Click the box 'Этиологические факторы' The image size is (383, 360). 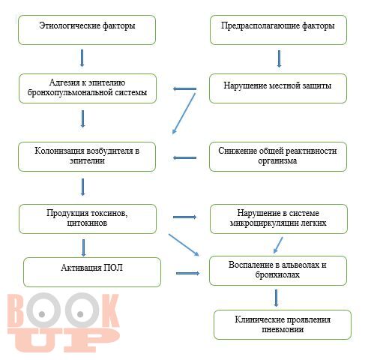click(x=87, y=30)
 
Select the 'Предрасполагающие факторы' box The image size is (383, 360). click(x=278, y=30)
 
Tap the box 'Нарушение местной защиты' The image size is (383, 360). click(x=278, y=88)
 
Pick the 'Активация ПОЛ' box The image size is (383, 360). click(x=92, y=272)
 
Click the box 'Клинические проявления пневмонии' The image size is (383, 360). click(x=283, y=325)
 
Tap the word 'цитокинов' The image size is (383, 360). click(x=87, y=223)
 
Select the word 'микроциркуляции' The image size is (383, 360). click(x=261, y=223)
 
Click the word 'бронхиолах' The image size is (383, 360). click(x=277, y=274)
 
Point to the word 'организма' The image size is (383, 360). click(x=277, y=160)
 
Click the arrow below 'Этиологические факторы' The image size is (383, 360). click(x=82, y=58)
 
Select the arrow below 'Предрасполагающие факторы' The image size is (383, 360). click(x=279, y=58)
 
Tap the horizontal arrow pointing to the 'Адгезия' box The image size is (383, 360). click(x=184, y=88)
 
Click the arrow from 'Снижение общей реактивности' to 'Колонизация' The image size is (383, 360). click(x=184, y=157)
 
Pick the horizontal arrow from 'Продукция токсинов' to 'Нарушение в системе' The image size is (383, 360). click(x=184, y=217)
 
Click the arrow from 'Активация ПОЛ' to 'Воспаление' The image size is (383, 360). click(x=188, y=273)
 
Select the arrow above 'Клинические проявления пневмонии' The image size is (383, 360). click(x=276, y=298)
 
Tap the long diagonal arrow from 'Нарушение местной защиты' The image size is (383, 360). click(x=184, y=113)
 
